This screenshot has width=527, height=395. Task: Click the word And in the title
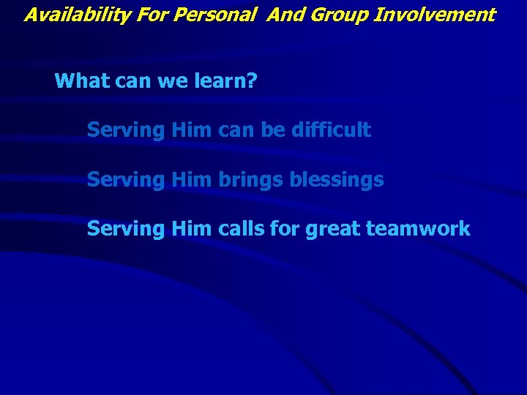click(285, 15)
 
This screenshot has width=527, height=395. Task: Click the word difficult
click(331, 131)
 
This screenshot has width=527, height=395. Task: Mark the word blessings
click(336, 180)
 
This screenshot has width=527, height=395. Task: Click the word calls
click(242, 229)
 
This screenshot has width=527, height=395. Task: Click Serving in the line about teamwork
click(126, 230)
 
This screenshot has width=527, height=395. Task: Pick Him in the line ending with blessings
click(192, 180)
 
